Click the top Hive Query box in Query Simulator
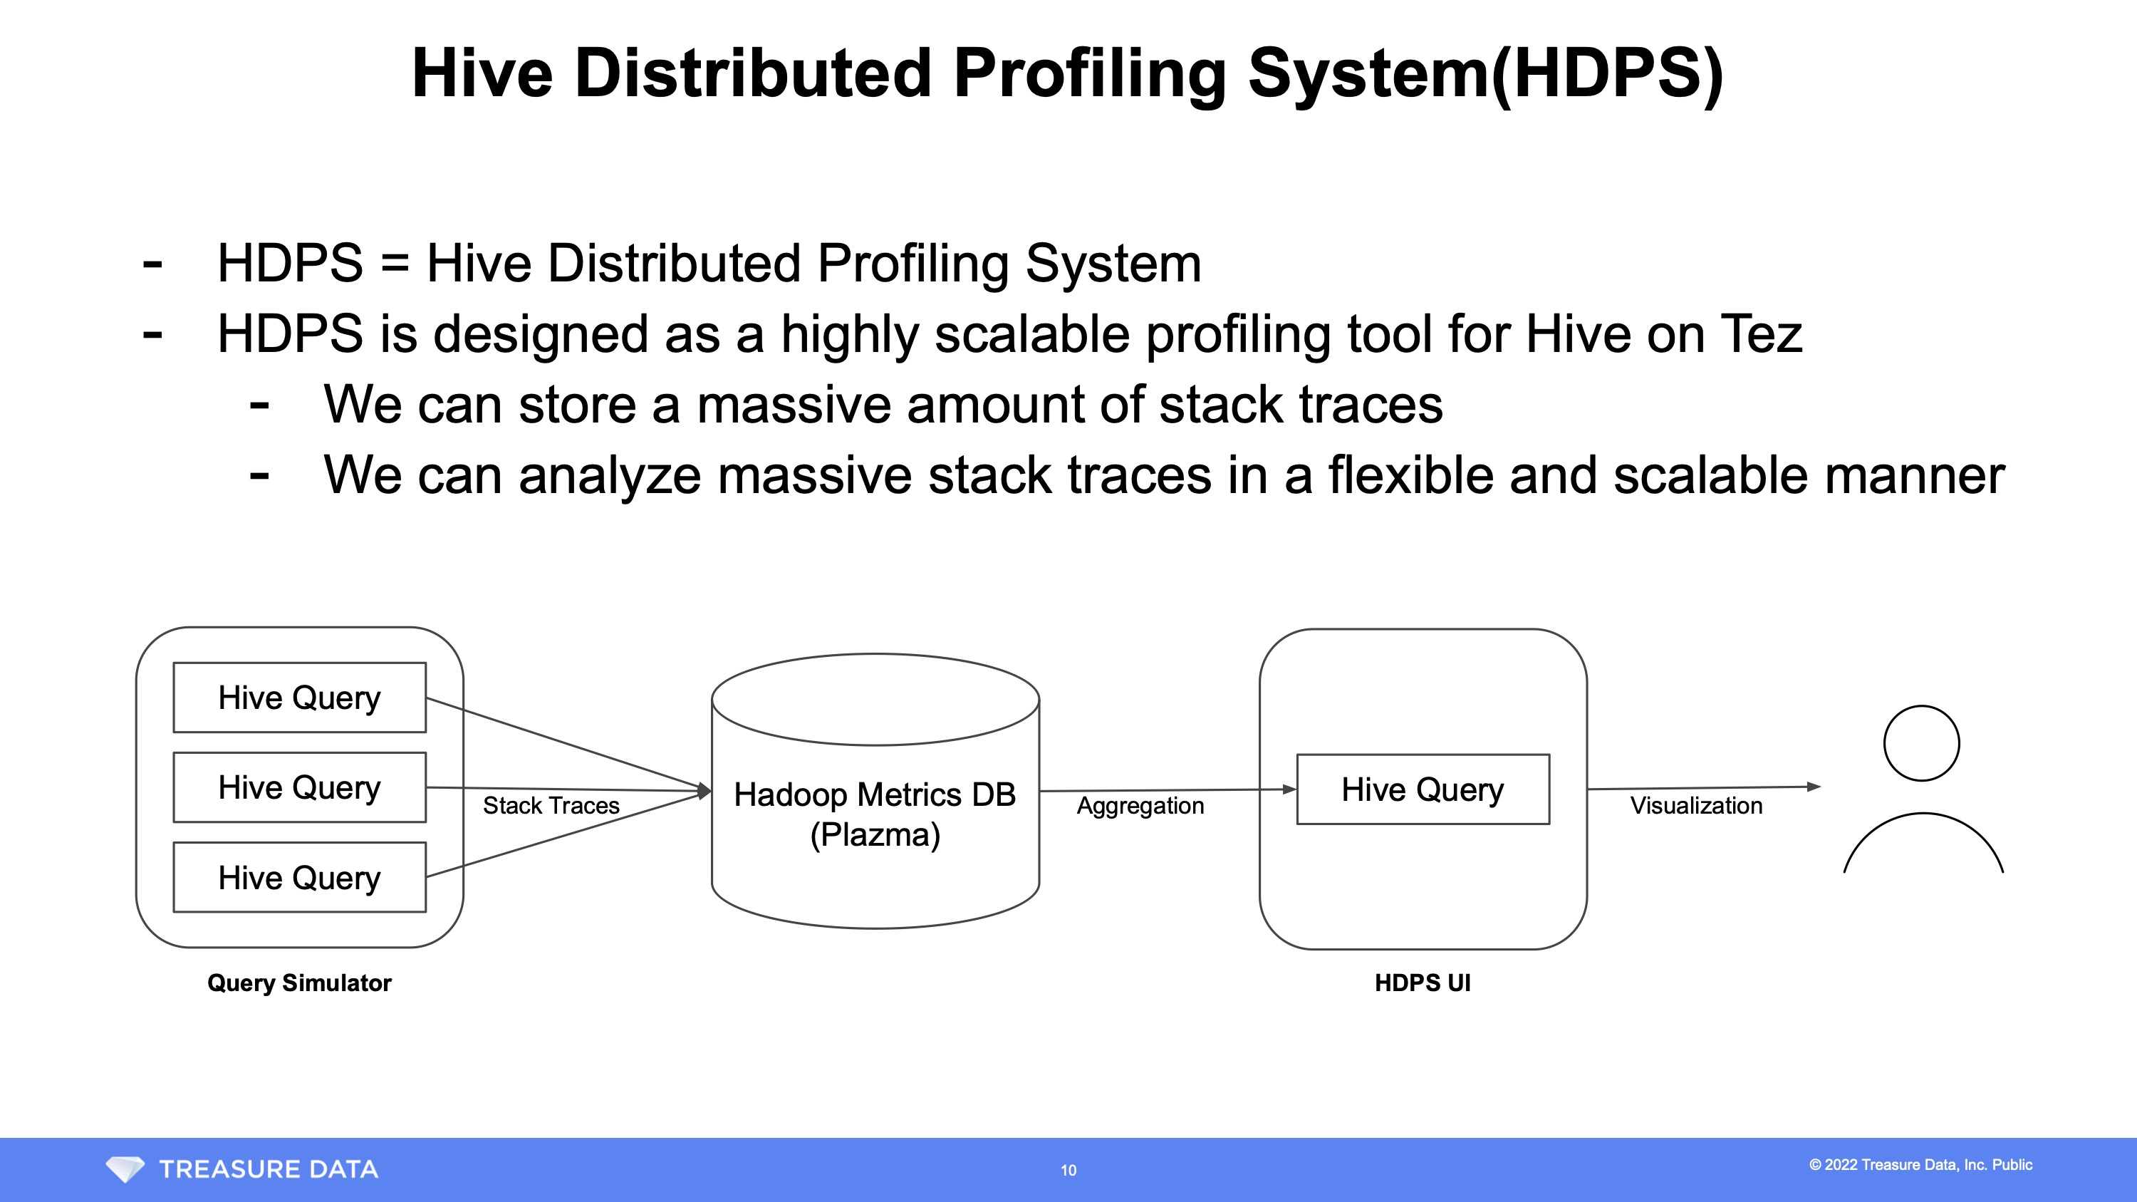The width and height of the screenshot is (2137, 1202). [x=299, y=698]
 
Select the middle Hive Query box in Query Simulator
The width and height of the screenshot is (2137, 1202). [x=299, y=787]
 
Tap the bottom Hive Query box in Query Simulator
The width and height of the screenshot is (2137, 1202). [x=299, y=878]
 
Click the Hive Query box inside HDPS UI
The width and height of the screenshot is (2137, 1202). [x=1423, y=789]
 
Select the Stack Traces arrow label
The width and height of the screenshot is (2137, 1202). [x=551, y=805]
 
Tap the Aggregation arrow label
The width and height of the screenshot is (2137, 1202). [x=1140, y=805]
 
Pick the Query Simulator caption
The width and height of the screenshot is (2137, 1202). [x=298, y=983]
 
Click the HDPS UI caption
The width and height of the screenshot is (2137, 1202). [x=1422, y=983]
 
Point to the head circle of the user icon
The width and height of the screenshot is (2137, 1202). [x=1921, y=743]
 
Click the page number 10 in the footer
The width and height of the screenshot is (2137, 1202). [x=1068, y=1171]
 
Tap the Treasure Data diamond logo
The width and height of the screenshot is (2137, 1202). [x=125, y=1169]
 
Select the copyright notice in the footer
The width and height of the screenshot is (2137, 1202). [x=1920, y=1165]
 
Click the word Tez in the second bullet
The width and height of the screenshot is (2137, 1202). [x=1760, y=333]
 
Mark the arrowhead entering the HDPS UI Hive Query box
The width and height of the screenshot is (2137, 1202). [x=1289, y=789]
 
